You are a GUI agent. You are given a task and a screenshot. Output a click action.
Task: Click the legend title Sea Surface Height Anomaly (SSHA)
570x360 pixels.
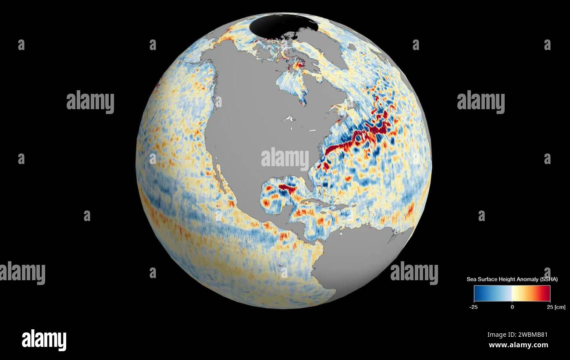click(512, 279)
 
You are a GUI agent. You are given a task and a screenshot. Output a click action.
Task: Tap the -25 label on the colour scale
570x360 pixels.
click(473, 307)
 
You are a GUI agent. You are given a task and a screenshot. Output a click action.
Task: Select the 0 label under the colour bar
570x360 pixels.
click(512, 307)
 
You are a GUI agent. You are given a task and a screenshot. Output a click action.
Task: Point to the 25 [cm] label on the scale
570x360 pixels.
click(554, 307)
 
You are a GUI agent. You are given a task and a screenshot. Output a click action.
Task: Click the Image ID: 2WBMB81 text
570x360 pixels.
click(517, 335)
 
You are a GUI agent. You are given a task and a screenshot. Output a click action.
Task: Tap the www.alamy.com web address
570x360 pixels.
click(518, 345)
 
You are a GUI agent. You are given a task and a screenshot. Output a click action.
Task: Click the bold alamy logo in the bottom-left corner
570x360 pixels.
click(44, 340)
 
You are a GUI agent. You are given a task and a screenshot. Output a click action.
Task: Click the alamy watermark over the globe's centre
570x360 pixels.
click(285, 159)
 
